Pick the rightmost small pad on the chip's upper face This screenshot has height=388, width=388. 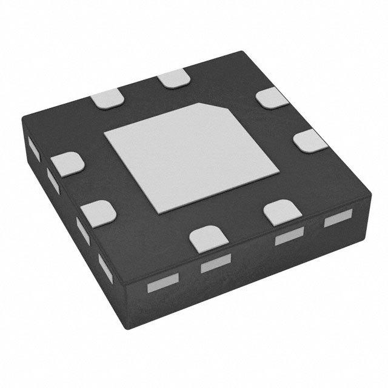pyautogui.click(x=311, y=142)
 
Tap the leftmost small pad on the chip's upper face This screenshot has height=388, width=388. pyautogui.click(x=67, y=164)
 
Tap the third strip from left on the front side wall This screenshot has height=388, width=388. pyautogui.click(x=289, y=238)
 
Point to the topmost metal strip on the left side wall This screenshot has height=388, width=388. pyautogui.click(x=34, y=149)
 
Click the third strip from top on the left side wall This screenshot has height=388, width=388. pyautogui.click(x=82, y=231)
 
